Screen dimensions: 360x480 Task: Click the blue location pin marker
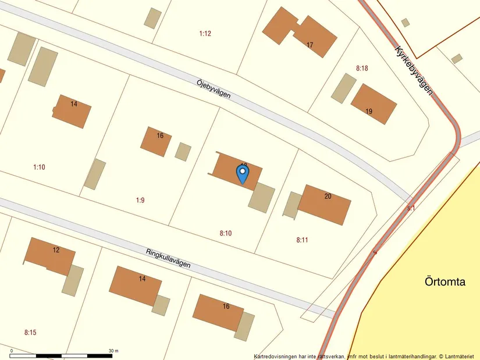coord(242,173)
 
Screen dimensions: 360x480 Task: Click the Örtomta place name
coord(445,282)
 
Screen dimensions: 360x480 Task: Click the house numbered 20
coord(325,203)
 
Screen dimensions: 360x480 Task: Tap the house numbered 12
coord(51,255)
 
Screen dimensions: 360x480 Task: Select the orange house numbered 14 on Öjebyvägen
coord(72,111)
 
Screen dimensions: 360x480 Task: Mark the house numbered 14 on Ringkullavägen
coord(136,285)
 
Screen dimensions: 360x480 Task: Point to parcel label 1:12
coord(205,34)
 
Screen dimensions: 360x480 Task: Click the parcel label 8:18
coord(362,68)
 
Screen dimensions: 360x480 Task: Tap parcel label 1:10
coord(39,167)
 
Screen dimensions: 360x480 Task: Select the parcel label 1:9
coord(140,200)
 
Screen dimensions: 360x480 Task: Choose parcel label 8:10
coord(226,233)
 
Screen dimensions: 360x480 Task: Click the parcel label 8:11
coord(302,239)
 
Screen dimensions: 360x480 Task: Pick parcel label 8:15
coord(30,333)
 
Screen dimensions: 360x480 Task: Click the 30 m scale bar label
coord(113,351)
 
